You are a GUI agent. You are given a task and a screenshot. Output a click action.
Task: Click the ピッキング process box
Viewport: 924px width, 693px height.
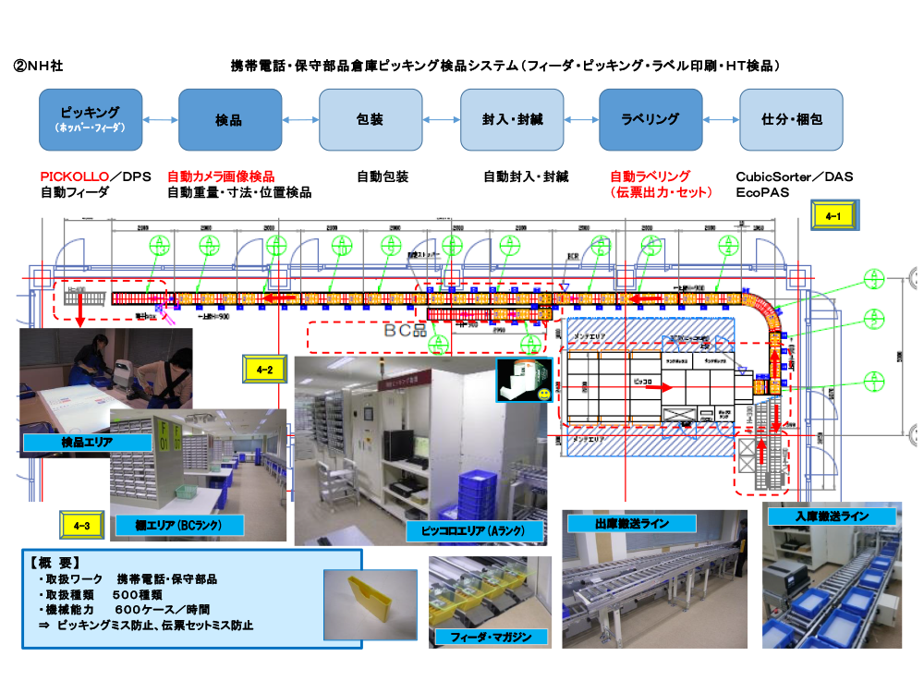[91, 120]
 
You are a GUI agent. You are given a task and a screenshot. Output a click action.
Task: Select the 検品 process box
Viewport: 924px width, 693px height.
[229, 120]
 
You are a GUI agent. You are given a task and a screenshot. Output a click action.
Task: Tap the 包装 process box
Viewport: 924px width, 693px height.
[370, 120]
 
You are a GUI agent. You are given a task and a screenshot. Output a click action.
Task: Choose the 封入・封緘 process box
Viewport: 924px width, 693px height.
[511, 120]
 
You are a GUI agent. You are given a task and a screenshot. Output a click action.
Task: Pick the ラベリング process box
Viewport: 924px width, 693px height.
[650, 120]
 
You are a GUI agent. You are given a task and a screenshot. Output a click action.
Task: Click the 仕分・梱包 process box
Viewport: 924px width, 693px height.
[791, 120]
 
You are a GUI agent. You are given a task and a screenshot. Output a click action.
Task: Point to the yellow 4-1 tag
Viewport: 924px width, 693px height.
[833, 217]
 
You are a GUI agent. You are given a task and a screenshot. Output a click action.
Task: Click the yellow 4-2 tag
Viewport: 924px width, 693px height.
[264, 370]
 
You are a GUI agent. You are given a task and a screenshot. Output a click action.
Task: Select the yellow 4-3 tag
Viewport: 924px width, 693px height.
[81, 526]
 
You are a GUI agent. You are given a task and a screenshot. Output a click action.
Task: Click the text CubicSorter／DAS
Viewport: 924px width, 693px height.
[794, 176]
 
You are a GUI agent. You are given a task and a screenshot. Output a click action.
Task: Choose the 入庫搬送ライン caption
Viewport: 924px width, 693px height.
[832, 517]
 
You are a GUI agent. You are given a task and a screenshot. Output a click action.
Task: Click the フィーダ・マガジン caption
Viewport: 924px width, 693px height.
[492, 637]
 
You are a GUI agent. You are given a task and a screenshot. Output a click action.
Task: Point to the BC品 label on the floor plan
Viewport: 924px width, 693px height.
[403, 329]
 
